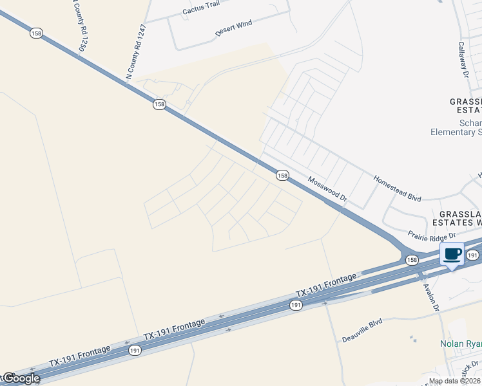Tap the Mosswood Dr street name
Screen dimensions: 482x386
click(327, 191)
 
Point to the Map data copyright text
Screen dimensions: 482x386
click(454, 381)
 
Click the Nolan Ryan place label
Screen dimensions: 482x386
click(461, 344)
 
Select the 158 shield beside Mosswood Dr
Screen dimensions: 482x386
click(282, 176)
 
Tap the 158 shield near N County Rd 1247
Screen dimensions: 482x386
click(159, 104)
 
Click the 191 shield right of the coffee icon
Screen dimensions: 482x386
click(472, 255)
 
